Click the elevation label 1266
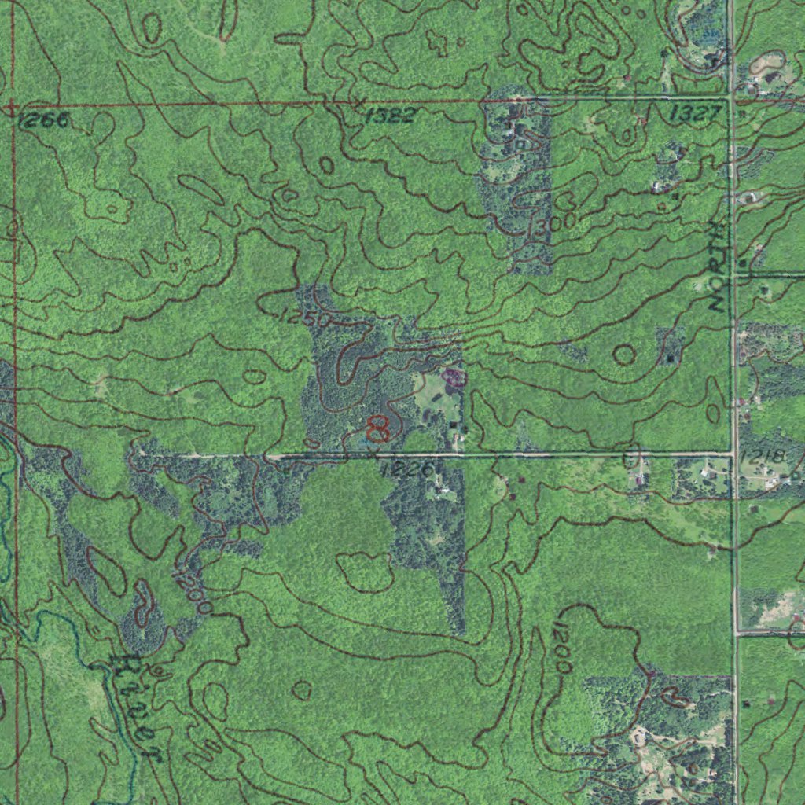pyautogui.click(x=43, y=119)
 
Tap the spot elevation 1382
pyautogui.click(x=390, y=116)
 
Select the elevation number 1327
pyautogui.click(x=695, y=114)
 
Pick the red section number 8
pyautogui.click(x=378, y=428)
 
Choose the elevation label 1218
pyautogui.click(x=762, y=456)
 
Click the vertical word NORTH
pyautogui.click(x=716, y=267)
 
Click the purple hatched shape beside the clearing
pyautogui.click(x=454, y=379)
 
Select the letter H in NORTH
pyautogui.click(x=716, y=230)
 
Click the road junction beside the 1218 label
pyautogui.click(x=734, y=453)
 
